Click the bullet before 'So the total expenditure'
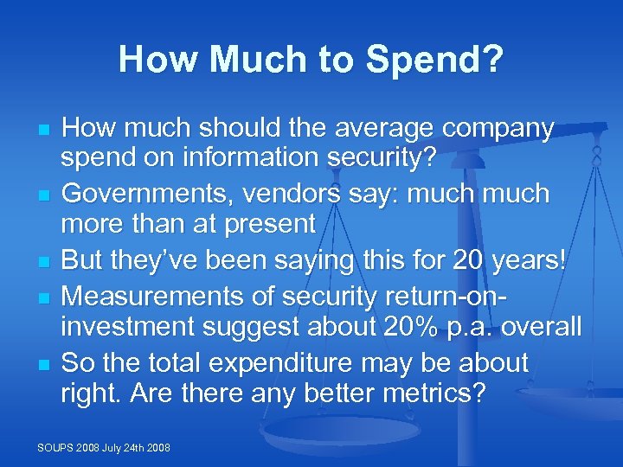coord(42,363)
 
